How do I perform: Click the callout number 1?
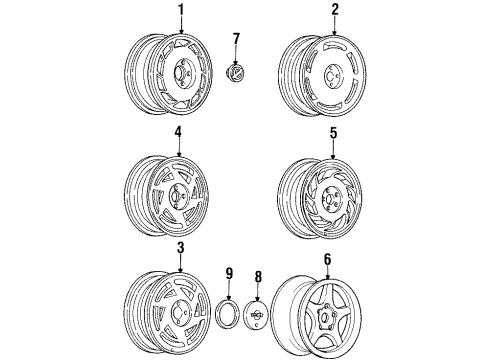tap(181, 10)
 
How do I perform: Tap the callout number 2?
tap(335, 10)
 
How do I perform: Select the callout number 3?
tap(180, 248)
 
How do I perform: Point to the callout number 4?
tap(178, 132)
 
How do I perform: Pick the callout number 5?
tap(333, 133)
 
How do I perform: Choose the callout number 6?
tap(328, 259)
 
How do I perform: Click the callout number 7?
tap(236, 39)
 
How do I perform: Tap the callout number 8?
tap(258, 277)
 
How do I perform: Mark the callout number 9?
tap(229, 274)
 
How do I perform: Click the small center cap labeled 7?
tap(235, 72)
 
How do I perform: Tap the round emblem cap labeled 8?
tap(257, 314)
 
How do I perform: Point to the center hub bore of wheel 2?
tap(331, 77)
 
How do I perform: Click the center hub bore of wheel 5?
tap(329, 199)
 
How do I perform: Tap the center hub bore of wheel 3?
tap(177, 310)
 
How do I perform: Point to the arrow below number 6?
tap(328, 273)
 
